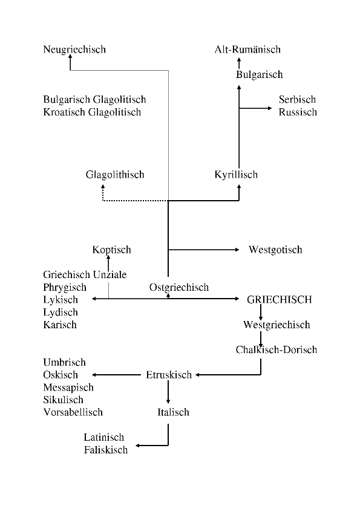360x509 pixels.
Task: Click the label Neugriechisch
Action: pos(74,50)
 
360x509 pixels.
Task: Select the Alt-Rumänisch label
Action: pos(247,50)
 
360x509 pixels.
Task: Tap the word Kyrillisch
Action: pos(236,175)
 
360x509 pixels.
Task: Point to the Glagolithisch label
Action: pos(115,175)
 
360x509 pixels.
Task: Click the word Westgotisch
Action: pos(275,250)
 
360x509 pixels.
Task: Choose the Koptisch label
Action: pos(112,250)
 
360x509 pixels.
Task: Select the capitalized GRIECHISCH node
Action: pos(280,299)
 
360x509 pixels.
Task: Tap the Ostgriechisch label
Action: pos(179,288)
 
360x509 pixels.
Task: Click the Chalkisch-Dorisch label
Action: pos(277,349)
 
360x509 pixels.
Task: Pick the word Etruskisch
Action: pos(169,375)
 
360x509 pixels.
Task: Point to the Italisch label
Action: pos(173,412)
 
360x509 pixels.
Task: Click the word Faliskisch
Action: pos(106,450)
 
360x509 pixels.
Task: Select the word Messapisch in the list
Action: pos(68,387)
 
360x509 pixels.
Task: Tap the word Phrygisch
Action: pos(65,288)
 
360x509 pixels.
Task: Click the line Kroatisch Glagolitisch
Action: pos(93,112)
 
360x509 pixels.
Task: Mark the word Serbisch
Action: pos(297,100)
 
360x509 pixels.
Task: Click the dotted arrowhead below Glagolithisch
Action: pos(103,187)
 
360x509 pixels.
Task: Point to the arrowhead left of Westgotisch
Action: pos(237,250)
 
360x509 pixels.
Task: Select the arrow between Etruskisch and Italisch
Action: pos(168,392)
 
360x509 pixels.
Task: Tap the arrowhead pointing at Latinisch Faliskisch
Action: pos(138,446)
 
